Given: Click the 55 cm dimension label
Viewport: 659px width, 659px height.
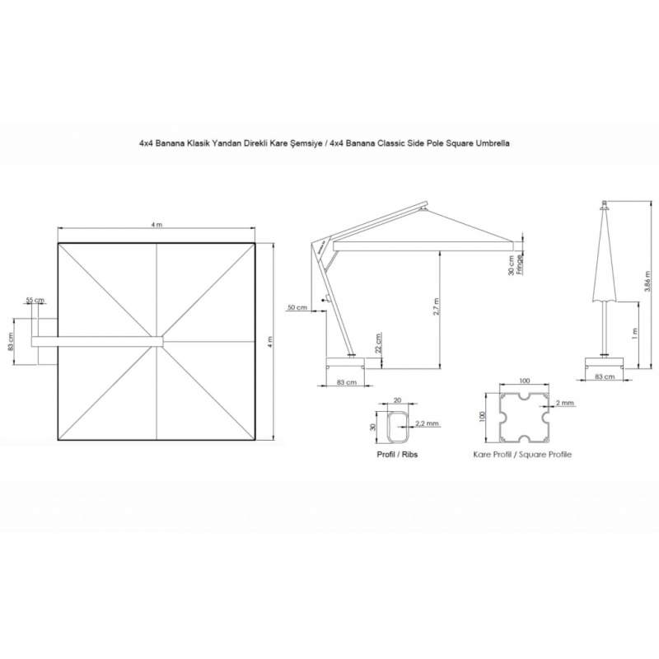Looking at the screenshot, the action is tap(35, 300).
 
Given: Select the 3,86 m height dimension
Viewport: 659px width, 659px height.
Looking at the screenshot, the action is tap(647, 281).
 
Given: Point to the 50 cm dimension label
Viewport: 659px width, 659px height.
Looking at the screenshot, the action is tap(297, 307).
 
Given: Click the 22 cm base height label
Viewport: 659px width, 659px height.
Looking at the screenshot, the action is tap(378, 343).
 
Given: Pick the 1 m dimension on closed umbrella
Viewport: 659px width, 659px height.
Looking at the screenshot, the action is tap(634, 334).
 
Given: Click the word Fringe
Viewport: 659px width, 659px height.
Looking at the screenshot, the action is tap(520, 264).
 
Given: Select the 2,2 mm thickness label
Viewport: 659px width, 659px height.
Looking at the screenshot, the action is tap(427, 423).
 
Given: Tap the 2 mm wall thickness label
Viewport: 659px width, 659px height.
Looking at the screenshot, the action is tap(564, 403).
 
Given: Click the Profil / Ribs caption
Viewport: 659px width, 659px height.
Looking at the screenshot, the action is tap(397, 455).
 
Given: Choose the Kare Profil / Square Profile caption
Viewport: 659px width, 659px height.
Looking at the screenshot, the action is tap(522, 455).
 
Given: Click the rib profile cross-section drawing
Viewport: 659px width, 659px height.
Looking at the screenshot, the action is tap(398, 427).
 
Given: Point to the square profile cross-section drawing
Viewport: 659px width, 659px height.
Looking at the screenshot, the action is tap(525, 418).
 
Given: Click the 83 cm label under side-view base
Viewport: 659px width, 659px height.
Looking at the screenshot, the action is tap(347, 382).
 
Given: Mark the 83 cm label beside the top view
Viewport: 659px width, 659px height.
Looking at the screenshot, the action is tap(11, 341).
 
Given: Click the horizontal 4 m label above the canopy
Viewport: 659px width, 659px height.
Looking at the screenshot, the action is tap(157, 225).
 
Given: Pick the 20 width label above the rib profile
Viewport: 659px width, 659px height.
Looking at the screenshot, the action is tap(397, 400).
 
